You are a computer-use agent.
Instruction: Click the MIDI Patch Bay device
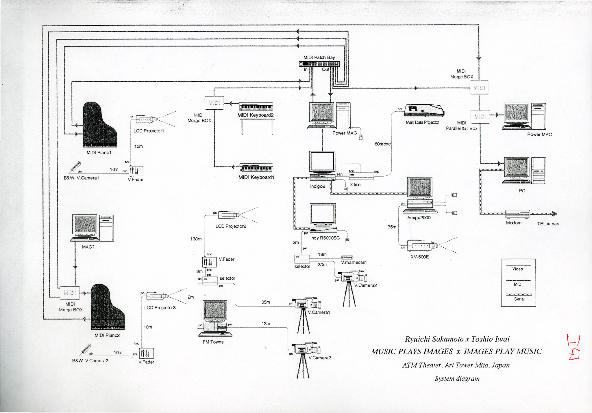[319, 64]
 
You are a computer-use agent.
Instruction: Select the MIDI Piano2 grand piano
[107, 307]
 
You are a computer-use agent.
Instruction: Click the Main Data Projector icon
[424, 111]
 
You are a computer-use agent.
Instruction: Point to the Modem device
[517, 214]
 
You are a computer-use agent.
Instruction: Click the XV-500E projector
[422, 246]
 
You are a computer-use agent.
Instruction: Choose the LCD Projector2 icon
[229, 215]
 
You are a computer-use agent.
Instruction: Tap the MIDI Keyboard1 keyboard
[256, 168]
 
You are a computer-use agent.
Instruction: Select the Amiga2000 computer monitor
[419, 187]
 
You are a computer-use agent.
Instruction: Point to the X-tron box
[361, 176]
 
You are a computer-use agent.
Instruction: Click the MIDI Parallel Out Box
[480, 117]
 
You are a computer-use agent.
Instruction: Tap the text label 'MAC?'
[88, 247]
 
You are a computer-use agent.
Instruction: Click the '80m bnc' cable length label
[382, 144]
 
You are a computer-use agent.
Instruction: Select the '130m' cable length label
[196, 239]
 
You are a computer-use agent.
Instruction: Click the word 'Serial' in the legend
[519, 299]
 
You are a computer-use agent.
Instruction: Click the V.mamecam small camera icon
[347, 257]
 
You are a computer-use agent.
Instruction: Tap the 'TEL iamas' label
[548, 224]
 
